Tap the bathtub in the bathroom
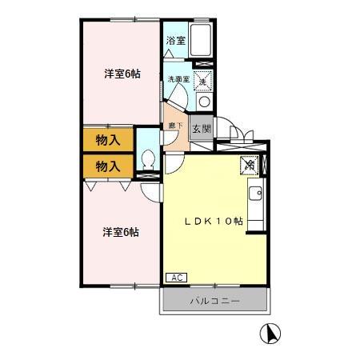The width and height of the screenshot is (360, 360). pyautogui.click(x=201, y=40)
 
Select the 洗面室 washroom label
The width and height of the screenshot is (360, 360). pyautogui.click(x=177, y=79)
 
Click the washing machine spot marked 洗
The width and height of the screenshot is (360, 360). pyautogui.click(x=203, y=78)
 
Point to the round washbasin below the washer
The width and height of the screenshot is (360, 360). pyautogui.click(x=203, y=102)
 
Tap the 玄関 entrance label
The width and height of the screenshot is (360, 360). pyautogui.click(x=201, y=127)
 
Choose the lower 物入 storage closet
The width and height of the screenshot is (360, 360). pyautogui.click(x=107, y=166)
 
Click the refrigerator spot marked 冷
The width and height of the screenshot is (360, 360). pyautogui.click(x=250, y=165)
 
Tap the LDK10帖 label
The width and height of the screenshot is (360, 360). pyautogui.click(x=214, y=222)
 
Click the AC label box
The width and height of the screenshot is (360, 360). pyautogui.click(x=176, y=277)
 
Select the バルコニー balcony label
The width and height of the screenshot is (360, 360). pyautogui.click(x=214, y=302)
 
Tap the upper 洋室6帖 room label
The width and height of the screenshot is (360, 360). pyautogui.click(x=122, y=74)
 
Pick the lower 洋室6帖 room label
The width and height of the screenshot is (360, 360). pyautogui.click(x=120, y=232)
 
